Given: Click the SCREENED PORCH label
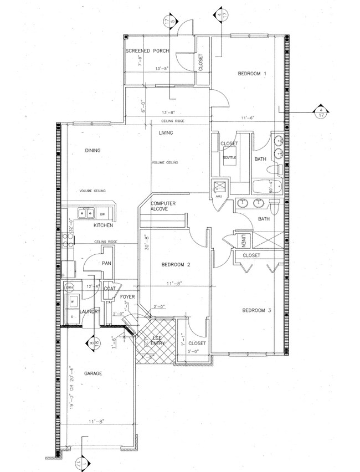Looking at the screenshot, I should (x=147, y=51).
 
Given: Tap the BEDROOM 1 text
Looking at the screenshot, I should (x=253, y=74).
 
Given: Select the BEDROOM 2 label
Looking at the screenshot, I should (x=176, y=265).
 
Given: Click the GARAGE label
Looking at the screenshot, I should (x=93, y=374).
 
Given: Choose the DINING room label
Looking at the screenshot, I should (x=92, y=150).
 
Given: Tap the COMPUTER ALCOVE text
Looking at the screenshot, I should (x=163, y=207).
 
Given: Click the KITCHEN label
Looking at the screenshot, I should (x=103, y=225).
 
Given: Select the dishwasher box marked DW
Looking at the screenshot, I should (x=102, y=213).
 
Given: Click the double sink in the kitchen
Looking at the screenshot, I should (x=86, y=213).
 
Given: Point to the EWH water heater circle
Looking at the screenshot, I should (x=70, y=288).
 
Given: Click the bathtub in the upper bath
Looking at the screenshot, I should (x=268, y=187).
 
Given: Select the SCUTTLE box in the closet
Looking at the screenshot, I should (x=229, y=157).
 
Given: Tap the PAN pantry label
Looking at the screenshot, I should (x=107, y=264).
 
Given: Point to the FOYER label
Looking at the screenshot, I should (x=128, y=297).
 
